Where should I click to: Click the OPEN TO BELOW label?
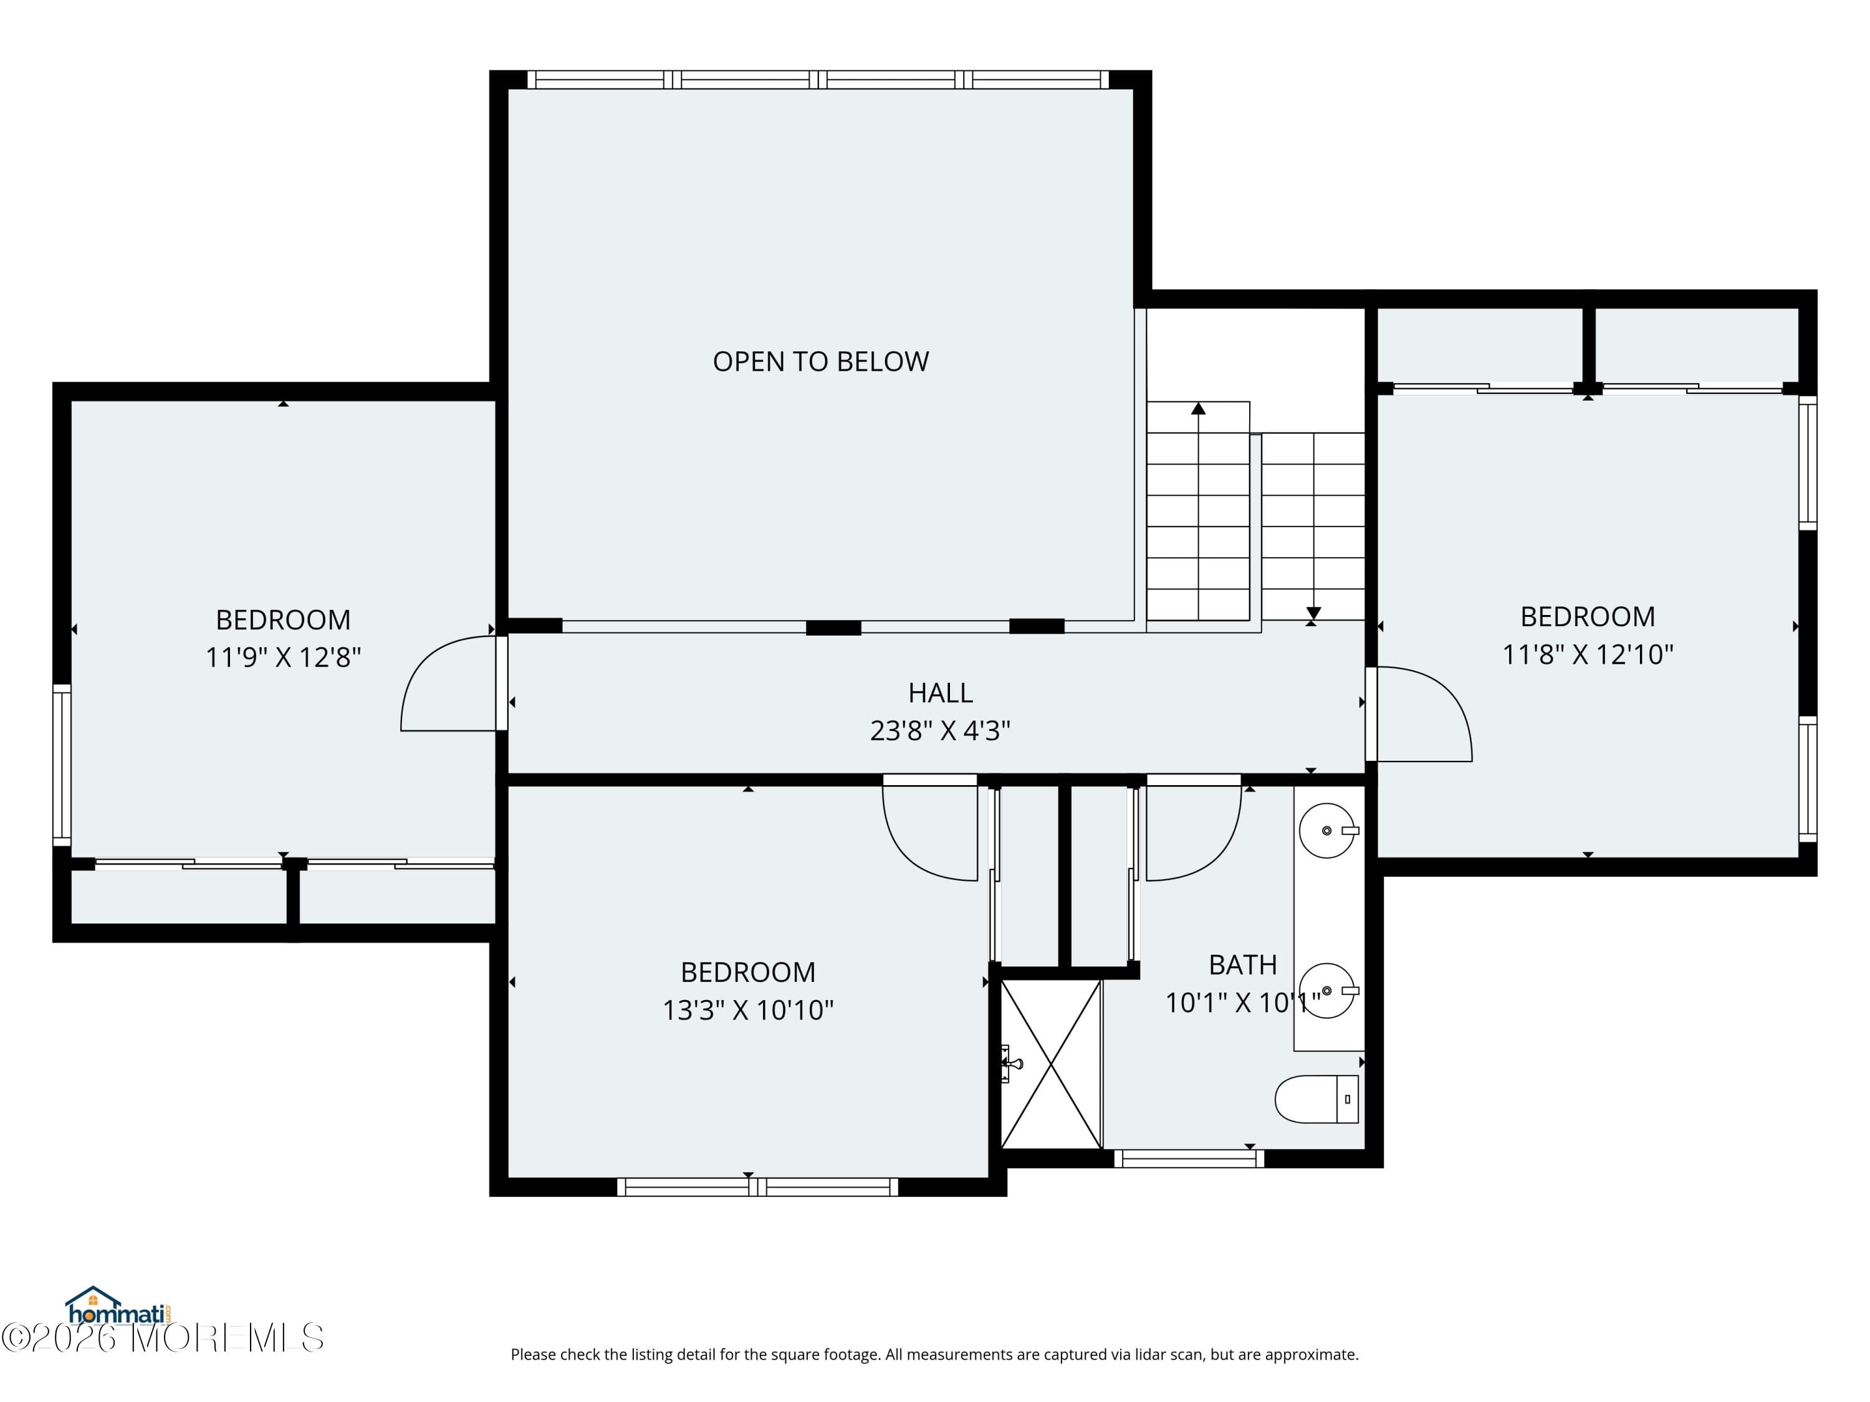(x=820, y=361)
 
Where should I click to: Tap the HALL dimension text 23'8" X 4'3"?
(x=940, y=730)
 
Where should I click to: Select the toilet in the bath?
(x=1315, y=1099)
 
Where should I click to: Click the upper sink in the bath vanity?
(x=1326, y=831)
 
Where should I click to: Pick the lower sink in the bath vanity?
(x=1326, y=991)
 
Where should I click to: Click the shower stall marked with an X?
(x=1051, y=1064)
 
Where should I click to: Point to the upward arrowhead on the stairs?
(x=1198, y=409)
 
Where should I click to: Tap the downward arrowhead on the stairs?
(x=1313, y=613)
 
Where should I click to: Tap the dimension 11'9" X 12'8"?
(x=283, y=657)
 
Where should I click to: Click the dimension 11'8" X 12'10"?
(x=1587, y=654)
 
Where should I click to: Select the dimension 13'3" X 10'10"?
(x=747, y=1010)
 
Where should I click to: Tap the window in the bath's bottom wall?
(x=1188, y=1158)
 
